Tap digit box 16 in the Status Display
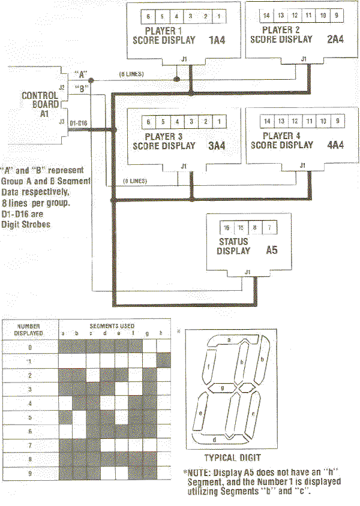click(x=227, y=229)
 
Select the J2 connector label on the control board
click(x=61, y=88)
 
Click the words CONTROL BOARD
click(x=40, y=100)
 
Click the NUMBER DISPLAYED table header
click(x=29, y=330)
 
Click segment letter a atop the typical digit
click(x=229, y=339)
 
